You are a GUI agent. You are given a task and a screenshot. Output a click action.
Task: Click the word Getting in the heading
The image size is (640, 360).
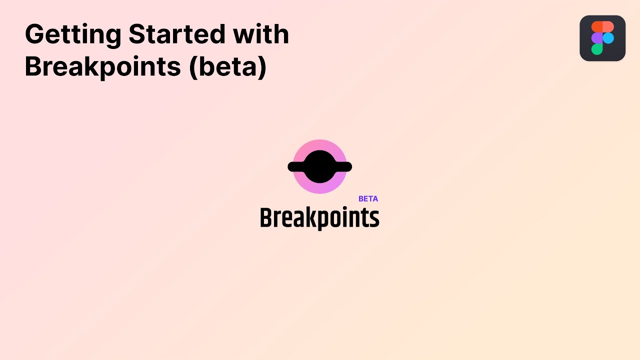73,35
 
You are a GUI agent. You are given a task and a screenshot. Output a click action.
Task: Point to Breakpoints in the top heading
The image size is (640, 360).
103,67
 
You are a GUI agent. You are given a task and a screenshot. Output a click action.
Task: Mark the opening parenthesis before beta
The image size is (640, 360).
193,67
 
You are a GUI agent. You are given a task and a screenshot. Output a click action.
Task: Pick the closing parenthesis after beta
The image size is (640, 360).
262,67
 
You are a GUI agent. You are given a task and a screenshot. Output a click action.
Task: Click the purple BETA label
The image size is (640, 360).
368,199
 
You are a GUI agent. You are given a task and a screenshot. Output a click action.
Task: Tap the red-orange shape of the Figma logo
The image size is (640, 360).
597,27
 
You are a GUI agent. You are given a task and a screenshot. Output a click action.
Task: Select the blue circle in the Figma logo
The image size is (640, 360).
608,38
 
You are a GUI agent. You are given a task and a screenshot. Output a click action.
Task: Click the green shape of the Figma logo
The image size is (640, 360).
597,49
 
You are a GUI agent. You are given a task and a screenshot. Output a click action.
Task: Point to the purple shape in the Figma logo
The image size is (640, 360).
597,38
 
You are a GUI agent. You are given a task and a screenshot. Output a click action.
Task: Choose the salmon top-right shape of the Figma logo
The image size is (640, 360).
608,27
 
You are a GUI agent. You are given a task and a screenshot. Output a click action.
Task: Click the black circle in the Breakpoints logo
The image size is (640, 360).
319,166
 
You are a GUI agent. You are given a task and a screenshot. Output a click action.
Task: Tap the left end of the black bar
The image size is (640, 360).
288,166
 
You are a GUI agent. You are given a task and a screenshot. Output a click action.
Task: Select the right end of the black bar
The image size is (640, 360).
351,166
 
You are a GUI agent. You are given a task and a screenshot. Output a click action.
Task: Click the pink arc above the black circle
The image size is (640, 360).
319,145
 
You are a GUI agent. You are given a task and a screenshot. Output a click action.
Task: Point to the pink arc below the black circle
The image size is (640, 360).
319,188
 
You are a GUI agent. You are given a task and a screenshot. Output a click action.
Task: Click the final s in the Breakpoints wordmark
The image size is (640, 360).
374,219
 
